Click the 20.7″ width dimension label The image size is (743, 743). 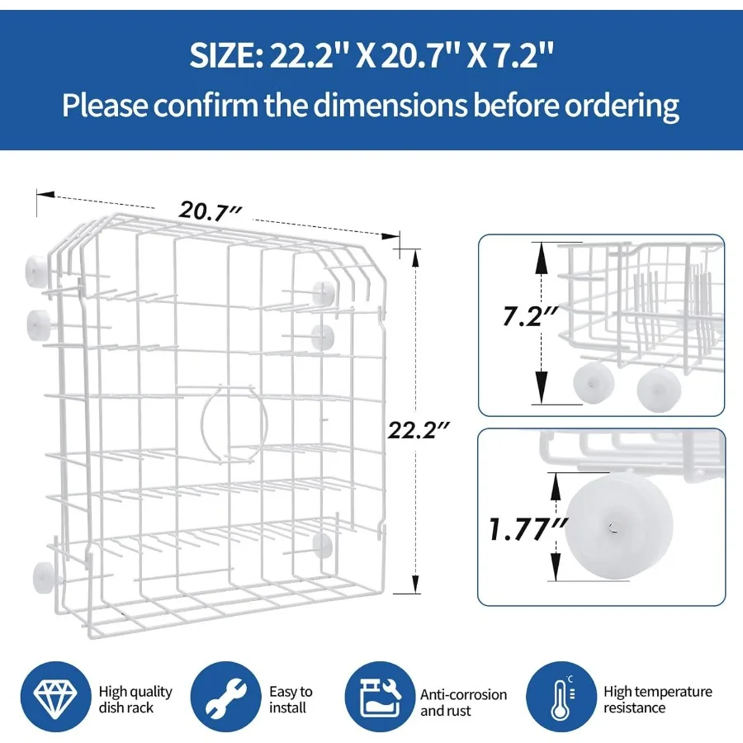[x=211, y=211]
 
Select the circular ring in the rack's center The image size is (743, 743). [x=234, y=424]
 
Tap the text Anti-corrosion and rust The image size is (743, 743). [x=463, y=703]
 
